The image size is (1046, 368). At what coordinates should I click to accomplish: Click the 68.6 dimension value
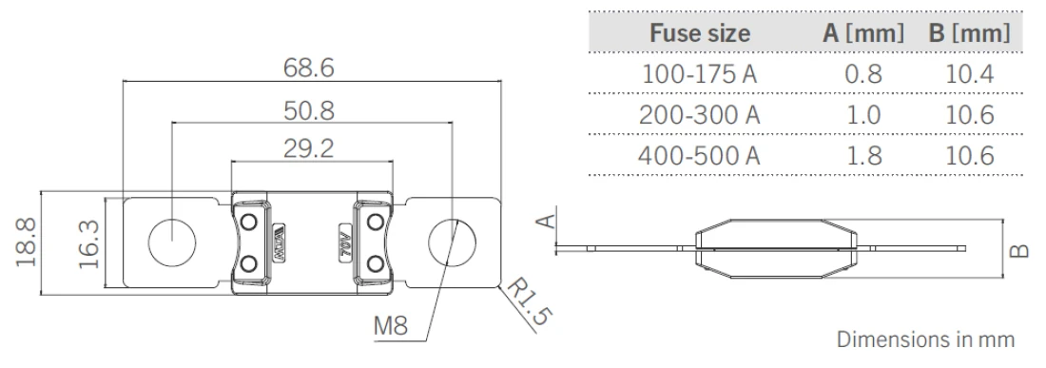[308, 68]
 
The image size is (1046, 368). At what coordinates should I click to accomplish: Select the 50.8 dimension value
[309, 110]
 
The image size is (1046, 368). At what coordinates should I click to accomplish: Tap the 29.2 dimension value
[308, 148]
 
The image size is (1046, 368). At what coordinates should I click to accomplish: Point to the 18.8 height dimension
[27, 242]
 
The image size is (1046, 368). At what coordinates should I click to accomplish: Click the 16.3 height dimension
[88, 244]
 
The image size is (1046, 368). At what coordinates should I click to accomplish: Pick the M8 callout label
[390, 326]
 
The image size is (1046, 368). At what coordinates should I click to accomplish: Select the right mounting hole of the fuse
[453, 242]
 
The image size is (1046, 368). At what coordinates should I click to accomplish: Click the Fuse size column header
[700, 32]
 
